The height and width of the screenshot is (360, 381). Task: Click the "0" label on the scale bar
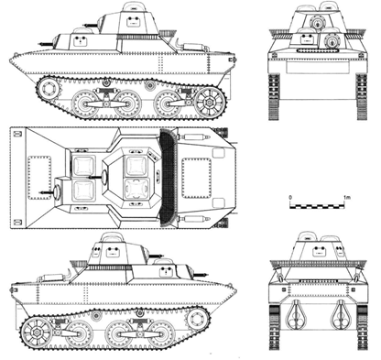point(290,197)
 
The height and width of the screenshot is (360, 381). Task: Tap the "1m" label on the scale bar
point(347,197)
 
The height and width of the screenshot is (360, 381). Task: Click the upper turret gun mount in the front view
point(319,23)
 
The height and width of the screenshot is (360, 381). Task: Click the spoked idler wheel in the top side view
point(210,103)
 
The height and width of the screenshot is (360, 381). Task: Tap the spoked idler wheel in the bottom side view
point(37,332)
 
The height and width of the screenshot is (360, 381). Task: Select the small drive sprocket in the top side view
point(49,89)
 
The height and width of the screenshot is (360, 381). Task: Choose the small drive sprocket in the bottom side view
point(195,319)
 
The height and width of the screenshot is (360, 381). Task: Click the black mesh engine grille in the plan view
point(169,178)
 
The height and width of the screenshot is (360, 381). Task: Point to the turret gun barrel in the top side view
point(92,25)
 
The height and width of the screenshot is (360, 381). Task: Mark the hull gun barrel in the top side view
point(46,44)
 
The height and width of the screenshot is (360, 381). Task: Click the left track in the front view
point(274,96)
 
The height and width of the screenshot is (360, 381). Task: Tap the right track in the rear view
point(362,327)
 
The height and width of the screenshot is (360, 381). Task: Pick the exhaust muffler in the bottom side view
point(52,278)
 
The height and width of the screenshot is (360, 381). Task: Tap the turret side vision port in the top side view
point(133,21)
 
